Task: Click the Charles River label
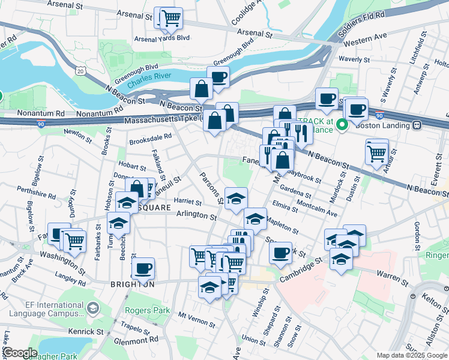(x=147, y=77)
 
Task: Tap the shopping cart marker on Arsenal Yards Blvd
(x=172, y=19)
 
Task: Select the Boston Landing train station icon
(x=416, y=125)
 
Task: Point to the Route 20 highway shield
(x=80, y=71)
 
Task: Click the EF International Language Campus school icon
(x=93, y=308)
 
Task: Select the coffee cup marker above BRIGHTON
(x=143, y=268)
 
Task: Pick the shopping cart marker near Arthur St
(x=376, y=153)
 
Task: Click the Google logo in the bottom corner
(x=20, y=353)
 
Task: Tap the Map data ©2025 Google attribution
(x=412, y=355)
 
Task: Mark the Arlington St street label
(x=196, y=214)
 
